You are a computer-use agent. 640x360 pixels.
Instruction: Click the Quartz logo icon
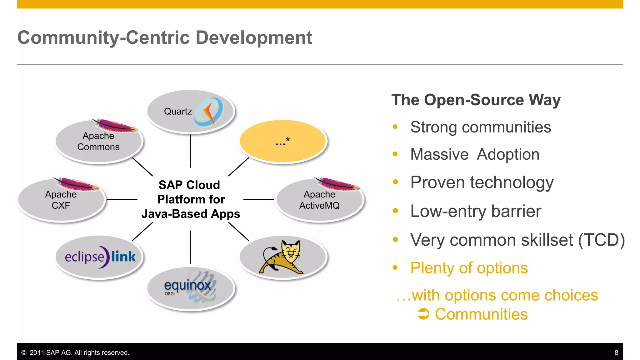tap(209, 112)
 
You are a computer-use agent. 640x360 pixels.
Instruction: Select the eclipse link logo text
tap(100, 257)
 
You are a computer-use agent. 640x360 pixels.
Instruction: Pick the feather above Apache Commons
tap(115, 126)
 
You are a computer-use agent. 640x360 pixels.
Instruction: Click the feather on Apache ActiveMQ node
tap(337, 184)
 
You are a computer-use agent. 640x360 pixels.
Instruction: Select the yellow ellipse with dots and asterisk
tap(283, 142)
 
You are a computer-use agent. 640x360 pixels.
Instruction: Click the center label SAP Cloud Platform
tap(190, 199)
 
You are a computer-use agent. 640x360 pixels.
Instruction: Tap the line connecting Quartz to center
tap(190, 151)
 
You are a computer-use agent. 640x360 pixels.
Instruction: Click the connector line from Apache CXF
tap(122, 199)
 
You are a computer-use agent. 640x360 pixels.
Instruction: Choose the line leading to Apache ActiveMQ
tap(258, 199)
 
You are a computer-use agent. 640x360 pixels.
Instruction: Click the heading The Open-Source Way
tap(476, 100)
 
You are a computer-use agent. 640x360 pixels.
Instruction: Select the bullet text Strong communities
tap(480, 127)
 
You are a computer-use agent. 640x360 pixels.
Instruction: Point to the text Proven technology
tap(482, 182)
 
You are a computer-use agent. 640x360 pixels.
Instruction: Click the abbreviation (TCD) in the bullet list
tap(601, 240)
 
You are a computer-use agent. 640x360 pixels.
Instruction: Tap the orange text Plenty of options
tap(469, 268)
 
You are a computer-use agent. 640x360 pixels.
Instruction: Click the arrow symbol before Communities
tap(423, 314)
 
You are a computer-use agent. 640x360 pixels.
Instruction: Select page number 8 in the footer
tap(616, 352)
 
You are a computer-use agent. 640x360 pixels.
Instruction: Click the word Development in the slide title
tap(254, 38)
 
